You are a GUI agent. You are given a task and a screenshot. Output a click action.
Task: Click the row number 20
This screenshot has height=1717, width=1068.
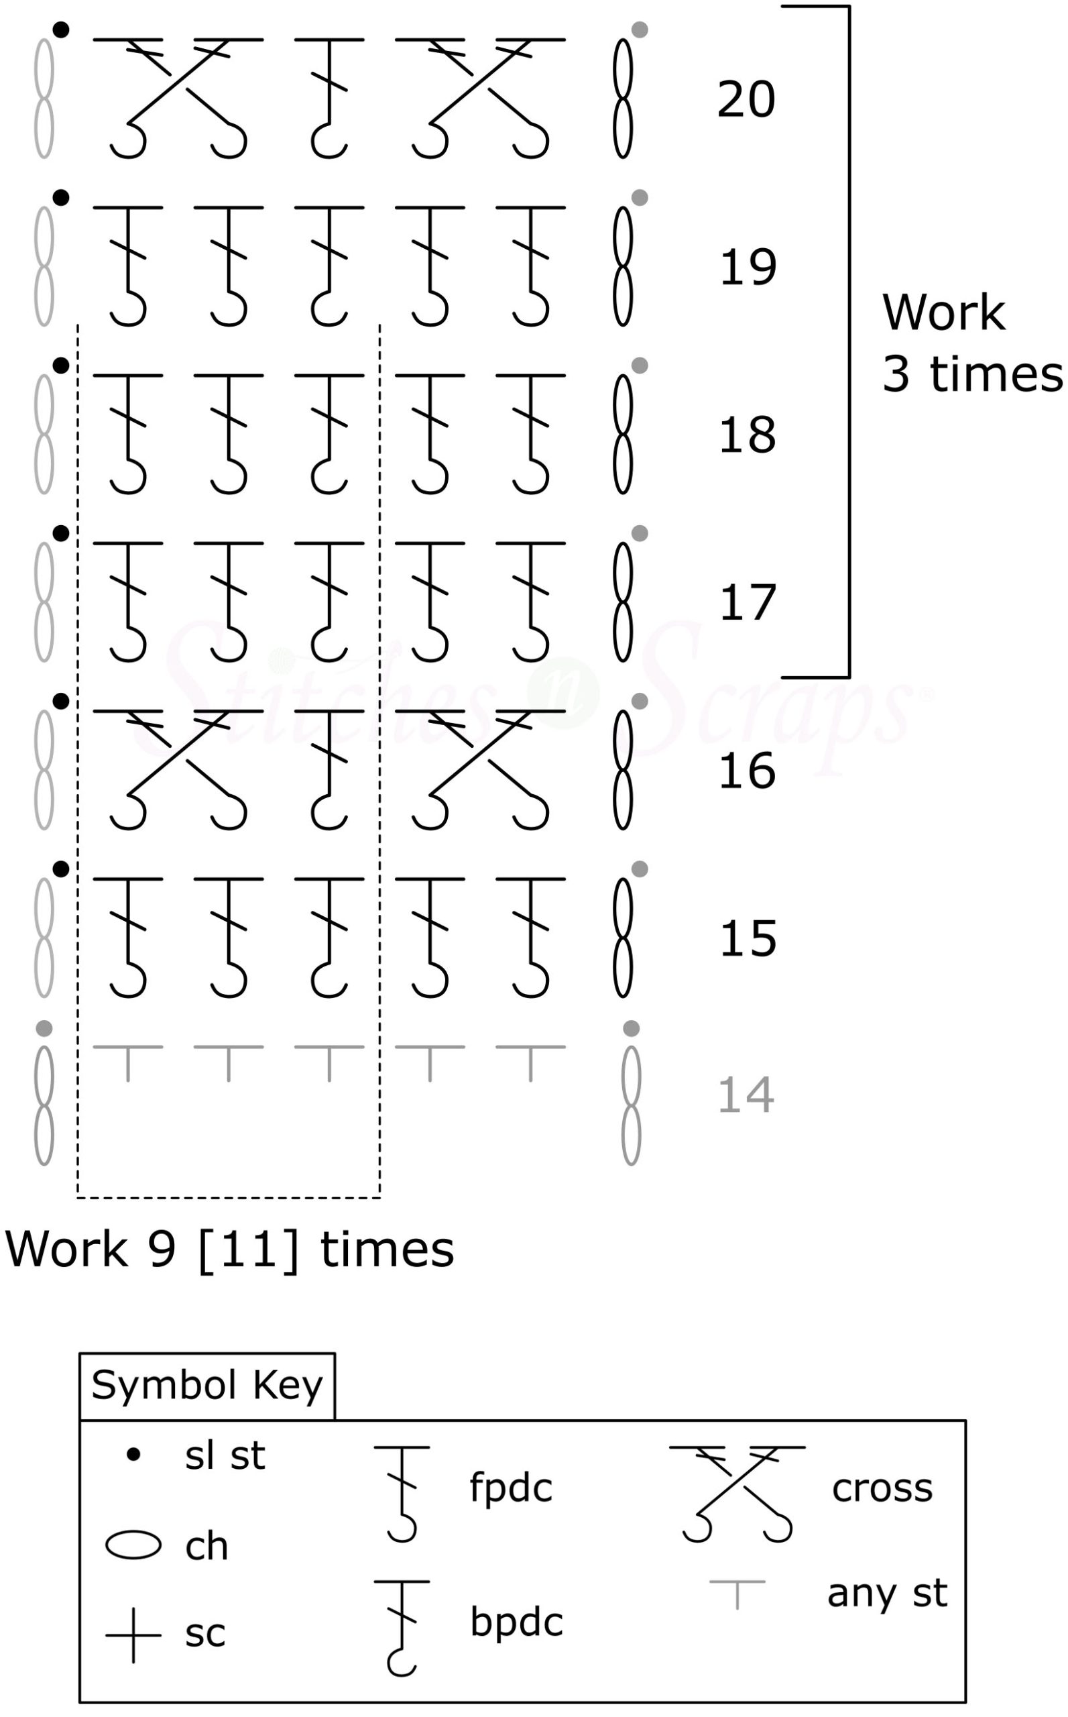[x=746, y=100]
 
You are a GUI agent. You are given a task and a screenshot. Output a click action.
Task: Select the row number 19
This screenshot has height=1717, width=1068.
[x=748, y=268]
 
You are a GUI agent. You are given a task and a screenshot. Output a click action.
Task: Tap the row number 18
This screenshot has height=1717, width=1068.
[x=748, y=435]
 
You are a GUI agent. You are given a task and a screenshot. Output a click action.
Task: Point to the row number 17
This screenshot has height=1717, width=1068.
[x=748, y=604]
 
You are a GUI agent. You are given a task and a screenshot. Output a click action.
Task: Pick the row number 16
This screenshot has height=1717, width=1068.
[x=748, y=771]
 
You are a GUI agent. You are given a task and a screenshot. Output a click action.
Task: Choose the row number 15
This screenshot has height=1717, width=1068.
[x=748, y=939]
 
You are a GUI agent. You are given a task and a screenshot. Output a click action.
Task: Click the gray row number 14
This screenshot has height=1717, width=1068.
[x=746, y=1096]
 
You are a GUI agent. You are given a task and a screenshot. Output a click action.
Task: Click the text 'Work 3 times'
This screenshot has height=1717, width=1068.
[x=971, y=343]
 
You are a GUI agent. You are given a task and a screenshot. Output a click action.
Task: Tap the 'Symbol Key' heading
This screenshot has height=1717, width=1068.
[x=207, y=1386]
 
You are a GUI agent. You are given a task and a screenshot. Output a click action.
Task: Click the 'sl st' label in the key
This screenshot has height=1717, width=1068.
[x=225, y=1457]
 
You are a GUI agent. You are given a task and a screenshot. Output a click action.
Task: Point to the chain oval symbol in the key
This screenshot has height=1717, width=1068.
[x=133, y=1545]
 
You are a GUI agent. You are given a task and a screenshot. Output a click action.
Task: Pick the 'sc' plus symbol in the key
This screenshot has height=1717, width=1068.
[x=133, y=1635]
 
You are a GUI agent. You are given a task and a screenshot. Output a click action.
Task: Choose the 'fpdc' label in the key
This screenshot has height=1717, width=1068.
[x=511, y=1488]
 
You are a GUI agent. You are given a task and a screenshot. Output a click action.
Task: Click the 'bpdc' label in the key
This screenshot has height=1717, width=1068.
[x=516, y=1622]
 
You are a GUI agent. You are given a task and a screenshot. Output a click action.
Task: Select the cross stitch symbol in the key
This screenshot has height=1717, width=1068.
[x=737, y=1492]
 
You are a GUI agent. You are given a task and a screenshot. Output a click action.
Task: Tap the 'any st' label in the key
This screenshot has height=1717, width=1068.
[x=887, y=1593]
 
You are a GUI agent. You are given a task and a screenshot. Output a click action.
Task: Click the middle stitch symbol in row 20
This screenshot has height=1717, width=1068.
[x=329, y=97]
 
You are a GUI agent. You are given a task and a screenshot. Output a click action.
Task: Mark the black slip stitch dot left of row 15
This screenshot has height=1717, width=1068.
[x=62, y=869]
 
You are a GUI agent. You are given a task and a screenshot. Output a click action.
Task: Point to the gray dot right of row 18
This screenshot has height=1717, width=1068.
[x=639, y=366]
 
